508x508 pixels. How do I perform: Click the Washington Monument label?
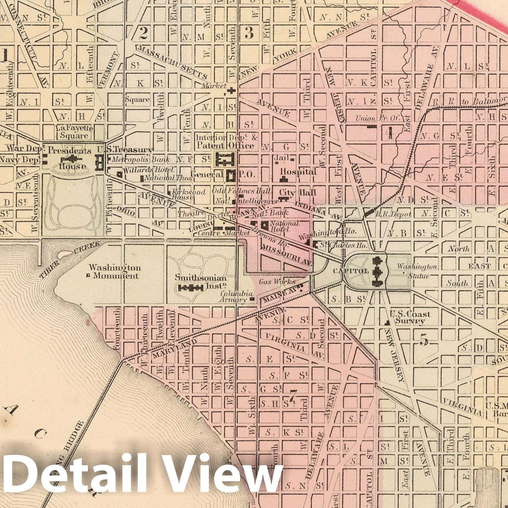click(115, 272)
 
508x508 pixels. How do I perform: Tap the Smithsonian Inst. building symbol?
click(191, 288)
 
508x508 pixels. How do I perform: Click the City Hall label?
click(298, 193)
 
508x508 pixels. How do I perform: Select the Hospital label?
click(298, 172)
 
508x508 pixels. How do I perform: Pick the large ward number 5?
click(424, 340)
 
